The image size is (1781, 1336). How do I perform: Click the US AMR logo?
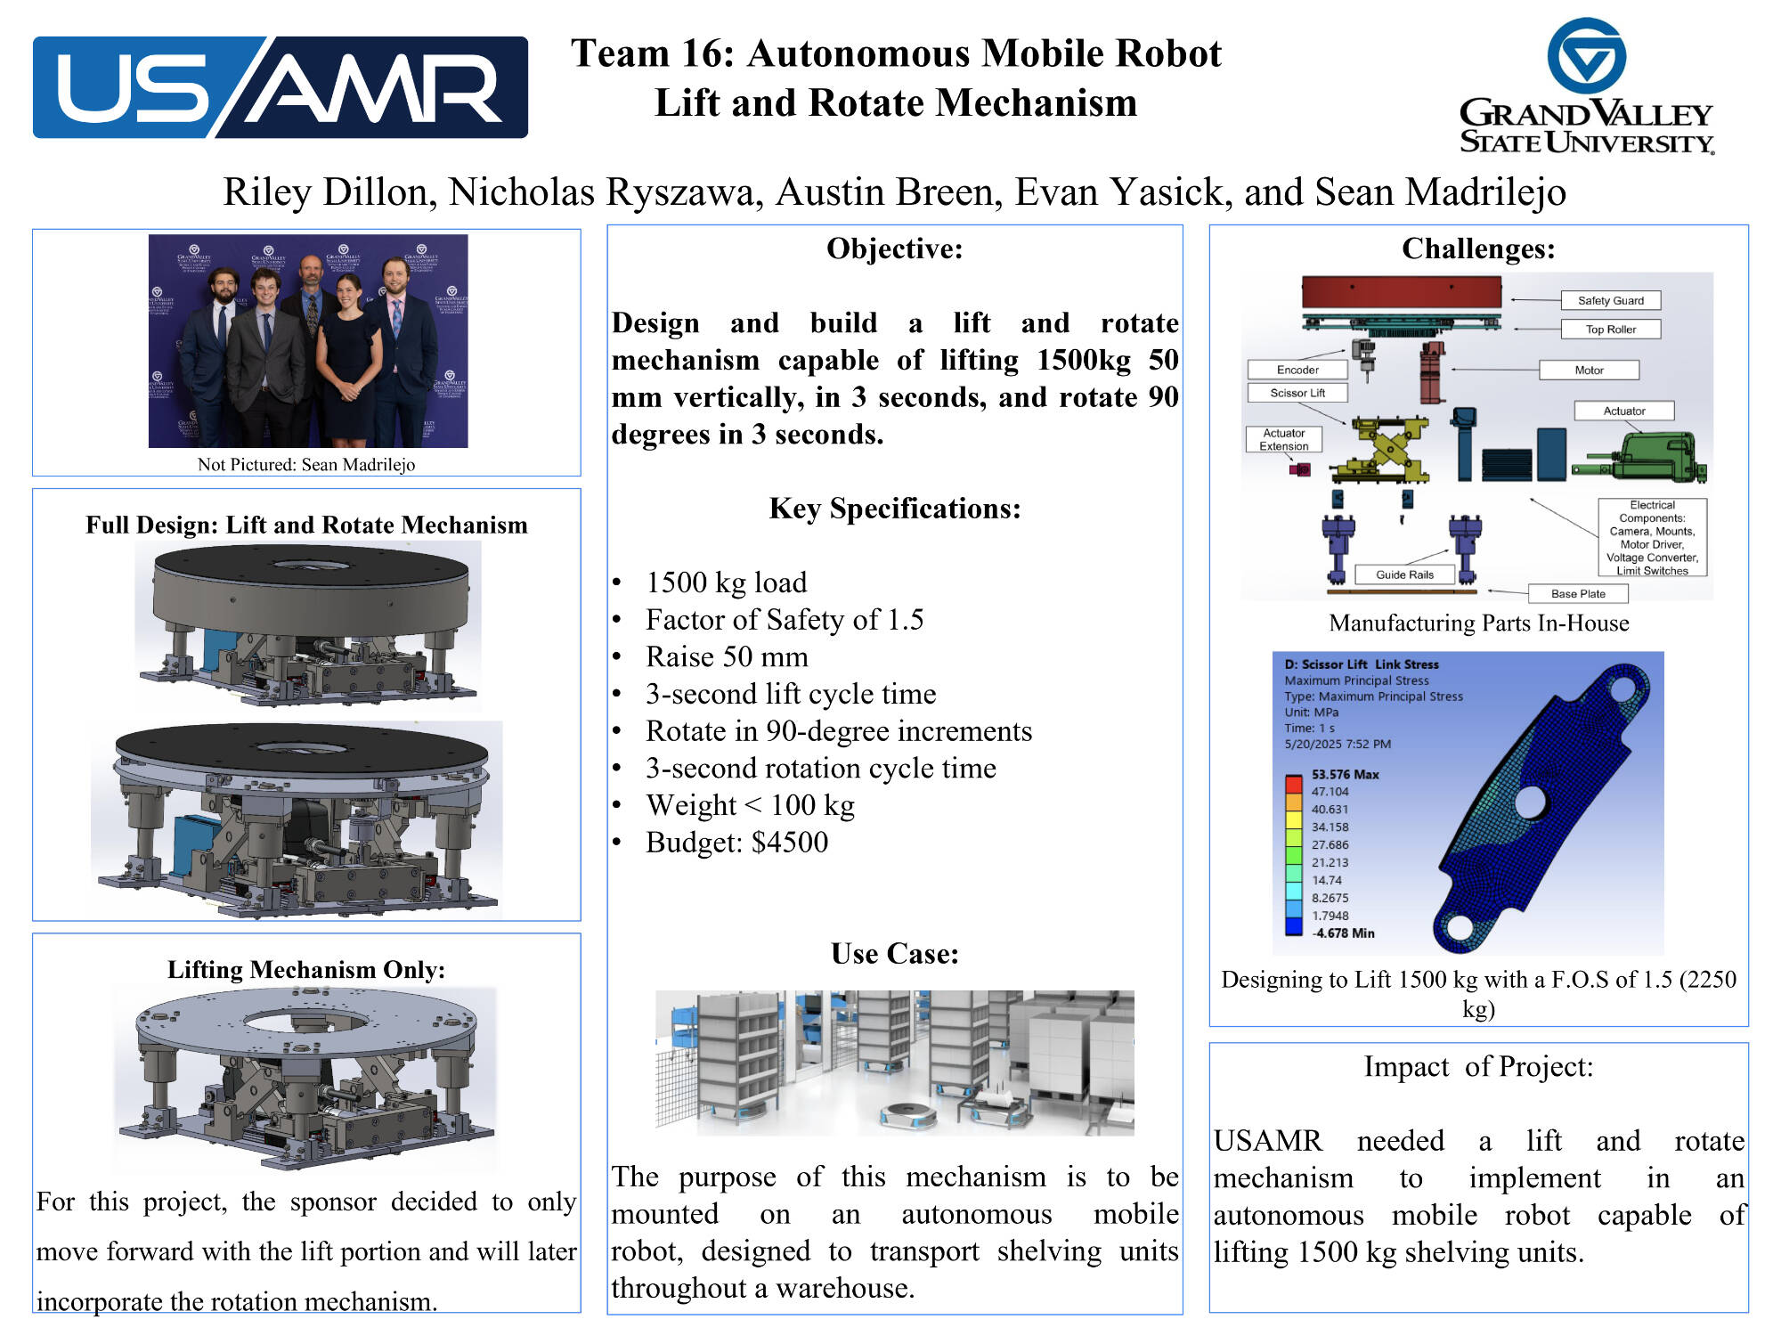click(280, 87)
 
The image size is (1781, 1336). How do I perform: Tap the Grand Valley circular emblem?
click(1586, 55)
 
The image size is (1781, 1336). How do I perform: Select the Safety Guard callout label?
click(1610, 301)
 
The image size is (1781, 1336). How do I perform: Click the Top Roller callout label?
click(1610, 330)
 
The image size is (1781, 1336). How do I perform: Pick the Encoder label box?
click(1297, 370)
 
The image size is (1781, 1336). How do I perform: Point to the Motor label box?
click(1589, 371)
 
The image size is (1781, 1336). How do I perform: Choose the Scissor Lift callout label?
click(1297, 393)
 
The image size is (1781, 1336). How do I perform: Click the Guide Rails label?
click(1404, 574)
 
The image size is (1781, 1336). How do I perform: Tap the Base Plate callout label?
click(1577, 594)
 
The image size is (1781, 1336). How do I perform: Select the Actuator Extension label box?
click(1283, 440)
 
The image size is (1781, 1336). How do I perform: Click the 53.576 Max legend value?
click(1345, 775)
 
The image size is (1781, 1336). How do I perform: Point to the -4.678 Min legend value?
click(1343, 933)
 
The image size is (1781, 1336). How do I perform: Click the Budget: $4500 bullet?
click(736, 843)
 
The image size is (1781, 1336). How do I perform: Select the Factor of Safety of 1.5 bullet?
click(784, 620)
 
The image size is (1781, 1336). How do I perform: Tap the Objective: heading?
click(894, 248)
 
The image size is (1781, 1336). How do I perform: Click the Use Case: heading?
click(894, 954)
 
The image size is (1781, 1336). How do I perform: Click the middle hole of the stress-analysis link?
click(1530, 802)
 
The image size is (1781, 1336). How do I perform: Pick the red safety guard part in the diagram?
click(1401, 291)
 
